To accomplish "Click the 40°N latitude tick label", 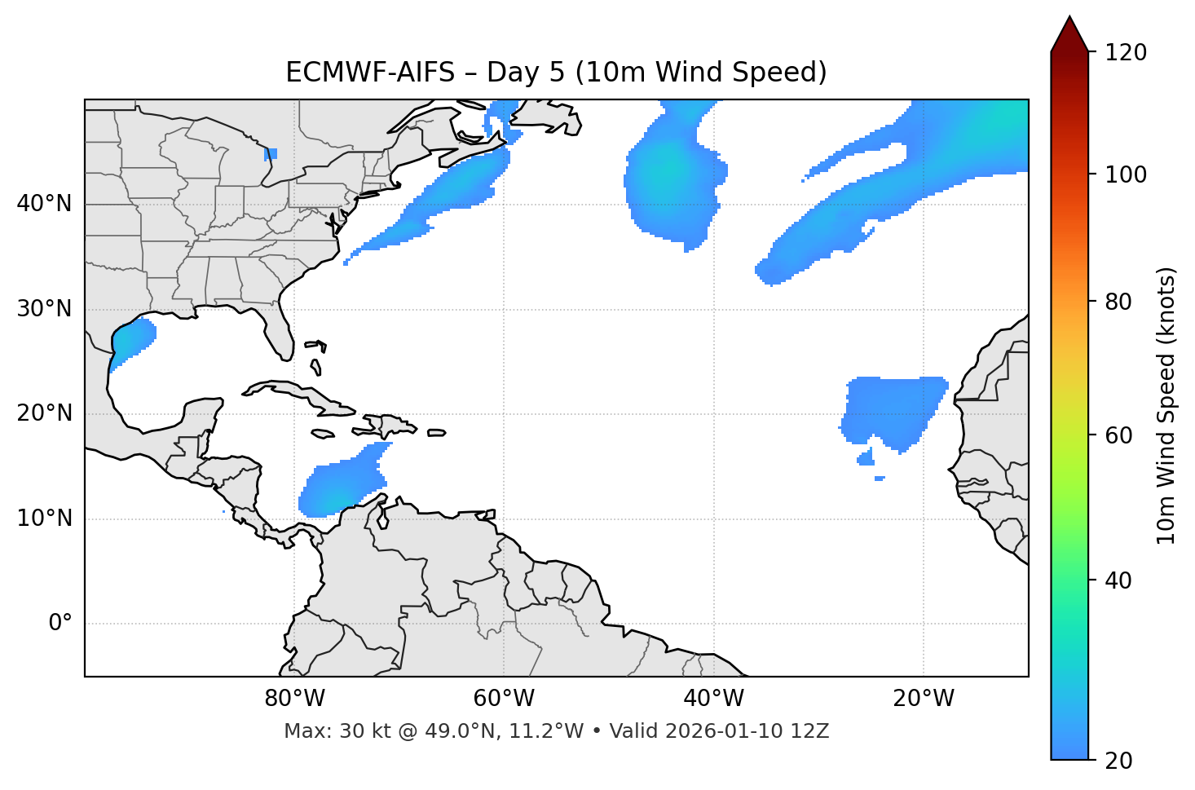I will click(x=44, y=204).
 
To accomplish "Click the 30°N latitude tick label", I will click(x=44, y=309).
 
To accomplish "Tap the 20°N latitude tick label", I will click(x=44, y=413).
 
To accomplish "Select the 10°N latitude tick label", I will click(x=44, y=519).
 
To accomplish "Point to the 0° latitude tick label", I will click(x=60, y=624).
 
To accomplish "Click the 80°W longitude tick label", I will click(x=294, y=699).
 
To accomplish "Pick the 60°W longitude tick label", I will click(x=504, y=699).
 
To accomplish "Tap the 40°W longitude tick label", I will click(x=713, y=699).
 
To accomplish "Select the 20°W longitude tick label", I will click(x=924, y=699).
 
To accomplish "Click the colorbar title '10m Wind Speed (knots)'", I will click(x=1166, y=406).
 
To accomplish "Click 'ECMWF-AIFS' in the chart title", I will click(x=370, y=73).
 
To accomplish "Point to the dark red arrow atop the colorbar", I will click(x=1069, y=35).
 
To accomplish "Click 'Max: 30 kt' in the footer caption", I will click(x=324, y=731).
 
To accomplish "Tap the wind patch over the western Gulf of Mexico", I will click(x=131, y=341).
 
